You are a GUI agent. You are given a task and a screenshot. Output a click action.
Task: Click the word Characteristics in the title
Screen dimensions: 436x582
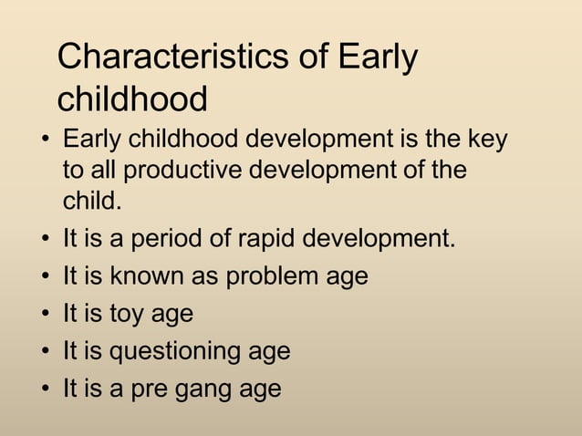pyautogui.click(x=172, y=57)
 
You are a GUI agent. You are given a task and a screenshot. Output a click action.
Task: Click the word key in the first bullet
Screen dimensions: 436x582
pyautogui.click(x=485, y=142)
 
